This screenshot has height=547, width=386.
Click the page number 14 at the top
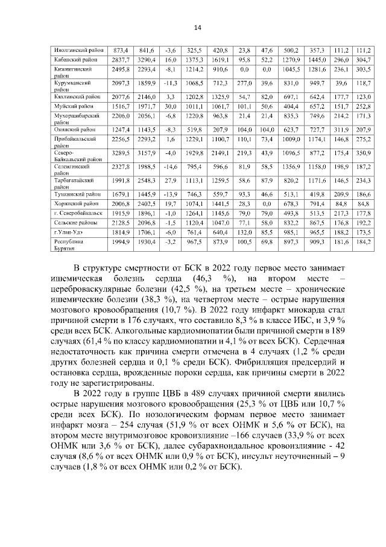point(197,27)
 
